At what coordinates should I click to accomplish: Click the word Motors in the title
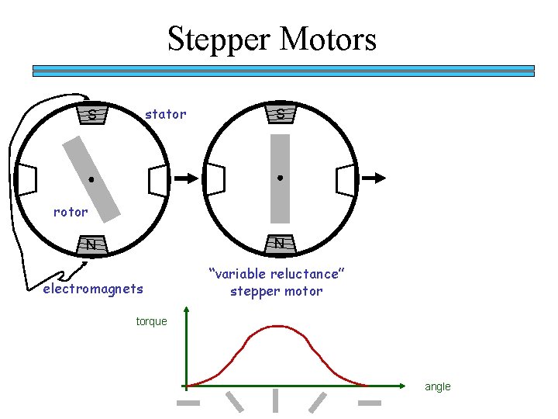(x=329, y=39)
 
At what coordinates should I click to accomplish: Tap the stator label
(x=166, y=115)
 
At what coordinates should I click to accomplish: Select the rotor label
(x=71, y=211)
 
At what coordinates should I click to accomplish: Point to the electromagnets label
(x=93, y=289)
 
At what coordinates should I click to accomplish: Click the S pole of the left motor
(x=93, y=116)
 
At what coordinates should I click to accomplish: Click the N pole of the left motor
(x=91, y=245)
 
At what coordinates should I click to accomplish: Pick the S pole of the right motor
(x=280, y=115)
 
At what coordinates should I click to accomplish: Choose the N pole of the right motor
(x=280, y=244)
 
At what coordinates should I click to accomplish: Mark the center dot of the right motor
(x=280, y=178)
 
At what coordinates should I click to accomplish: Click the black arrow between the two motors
(x=185, y=178)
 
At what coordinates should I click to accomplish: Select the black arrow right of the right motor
(x=374, y=178)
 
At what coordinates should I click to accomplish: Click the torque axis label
(x=151, y=321)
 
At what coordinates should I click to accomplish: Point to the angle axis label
(x=437, y=386)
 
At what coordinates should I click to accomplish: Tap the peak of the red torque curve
(x=277, y=326)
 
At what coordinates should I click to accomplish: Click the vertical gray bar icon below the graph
(x=276, y=400)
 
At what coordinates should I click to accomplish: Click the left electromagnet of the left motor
(x=27, y=179)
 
